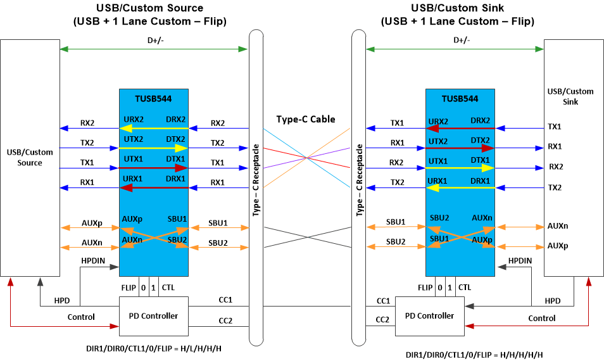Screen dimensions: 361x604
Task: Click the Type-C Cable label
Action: (306, 119)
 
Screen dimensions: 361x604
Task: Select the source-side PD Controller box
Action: (154, 315)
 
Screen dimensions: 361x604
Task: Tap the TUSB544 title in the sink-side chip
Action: (460, 99)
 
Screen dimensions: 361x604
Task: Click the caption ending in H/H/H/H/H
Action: (474, 355)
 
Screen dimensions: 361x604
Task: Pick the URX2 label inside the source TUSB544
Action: (133, 119)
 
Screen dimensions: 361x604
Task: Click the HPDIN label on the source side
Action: (93, 260)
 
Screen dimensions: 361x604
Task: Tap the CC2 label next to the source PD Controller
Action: (225, 321)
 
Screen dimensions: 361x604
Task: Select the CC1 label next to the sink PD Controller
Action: (383, 301)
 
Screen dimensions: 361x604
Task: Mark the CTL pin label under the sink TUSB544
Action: (465, 288)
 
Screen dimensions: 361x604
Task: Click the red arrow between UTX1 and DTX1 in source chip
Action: (154, 168)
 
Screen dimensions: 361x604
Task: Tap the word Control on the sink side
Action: (542, 318)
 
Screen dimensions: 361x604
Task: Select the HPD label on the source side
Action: (62, 300)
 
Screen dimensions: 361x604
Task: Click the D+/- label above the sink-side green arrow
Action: (462, 40)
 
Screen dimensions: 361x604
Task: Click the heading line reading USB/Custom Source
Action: (149, 8)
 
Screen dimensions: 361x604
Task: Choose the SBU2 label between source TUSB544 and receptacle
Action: (218, 243)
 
